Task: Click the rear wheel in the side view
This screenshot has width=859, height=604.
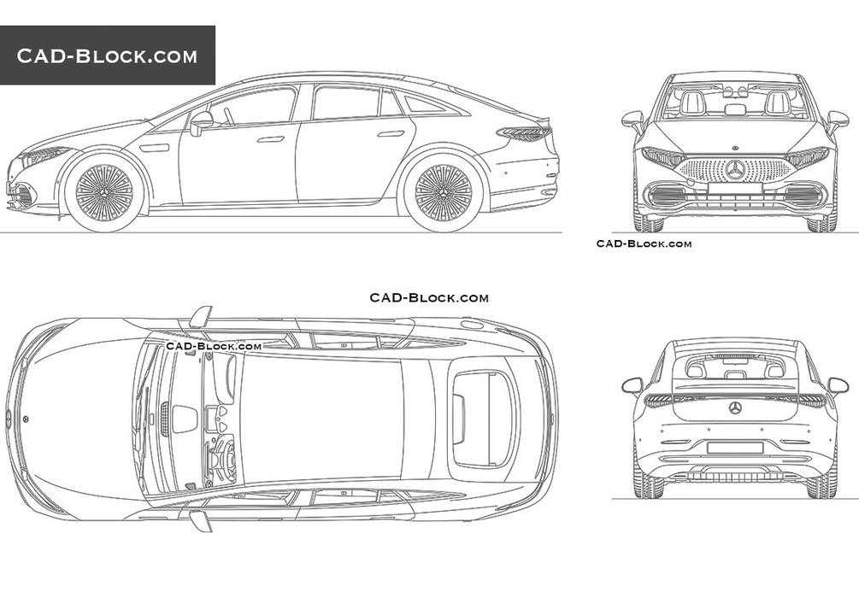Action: tap(444, 192)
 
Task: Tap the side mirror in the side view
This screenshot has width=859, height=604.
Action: tap(201, 123)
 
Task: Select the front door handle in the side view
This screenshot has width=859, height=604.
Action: tap(271, 139)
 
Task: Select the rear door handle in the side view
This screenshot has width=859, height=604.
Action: tap(390, 133)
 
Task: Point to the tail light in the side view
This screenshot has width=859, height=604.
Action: tap(524, 132)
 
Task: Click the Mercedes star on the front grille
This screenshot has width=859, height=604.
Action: tap(735, 170)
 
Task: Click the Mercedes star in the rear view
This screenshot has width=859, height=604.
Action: tap(735, 408)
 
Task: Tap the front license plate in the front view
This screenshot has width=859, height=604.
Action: tap(735, 189)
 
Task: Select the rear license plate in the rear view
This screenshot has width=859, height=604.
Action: tap(735, 448)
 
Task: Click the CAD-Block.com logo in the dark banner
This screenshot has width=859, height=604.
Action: tap(107, 56)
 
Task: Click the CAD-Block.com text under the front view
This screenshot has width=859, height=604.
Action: tap(644, 243)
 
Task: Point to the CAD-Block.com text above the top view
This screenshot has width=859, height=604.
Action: tap(429, 297)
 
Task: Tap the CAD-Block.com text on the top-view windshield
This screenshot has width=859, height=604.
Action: tap(214, 346)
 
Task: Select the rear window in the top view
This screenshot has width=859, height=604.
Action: tap(481, 419)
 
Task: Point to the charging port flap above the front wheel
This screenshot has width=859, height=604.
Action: tap(154, 147)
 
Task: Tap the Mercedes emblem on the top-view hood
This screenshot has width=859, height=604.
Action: tap(26, 419)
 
